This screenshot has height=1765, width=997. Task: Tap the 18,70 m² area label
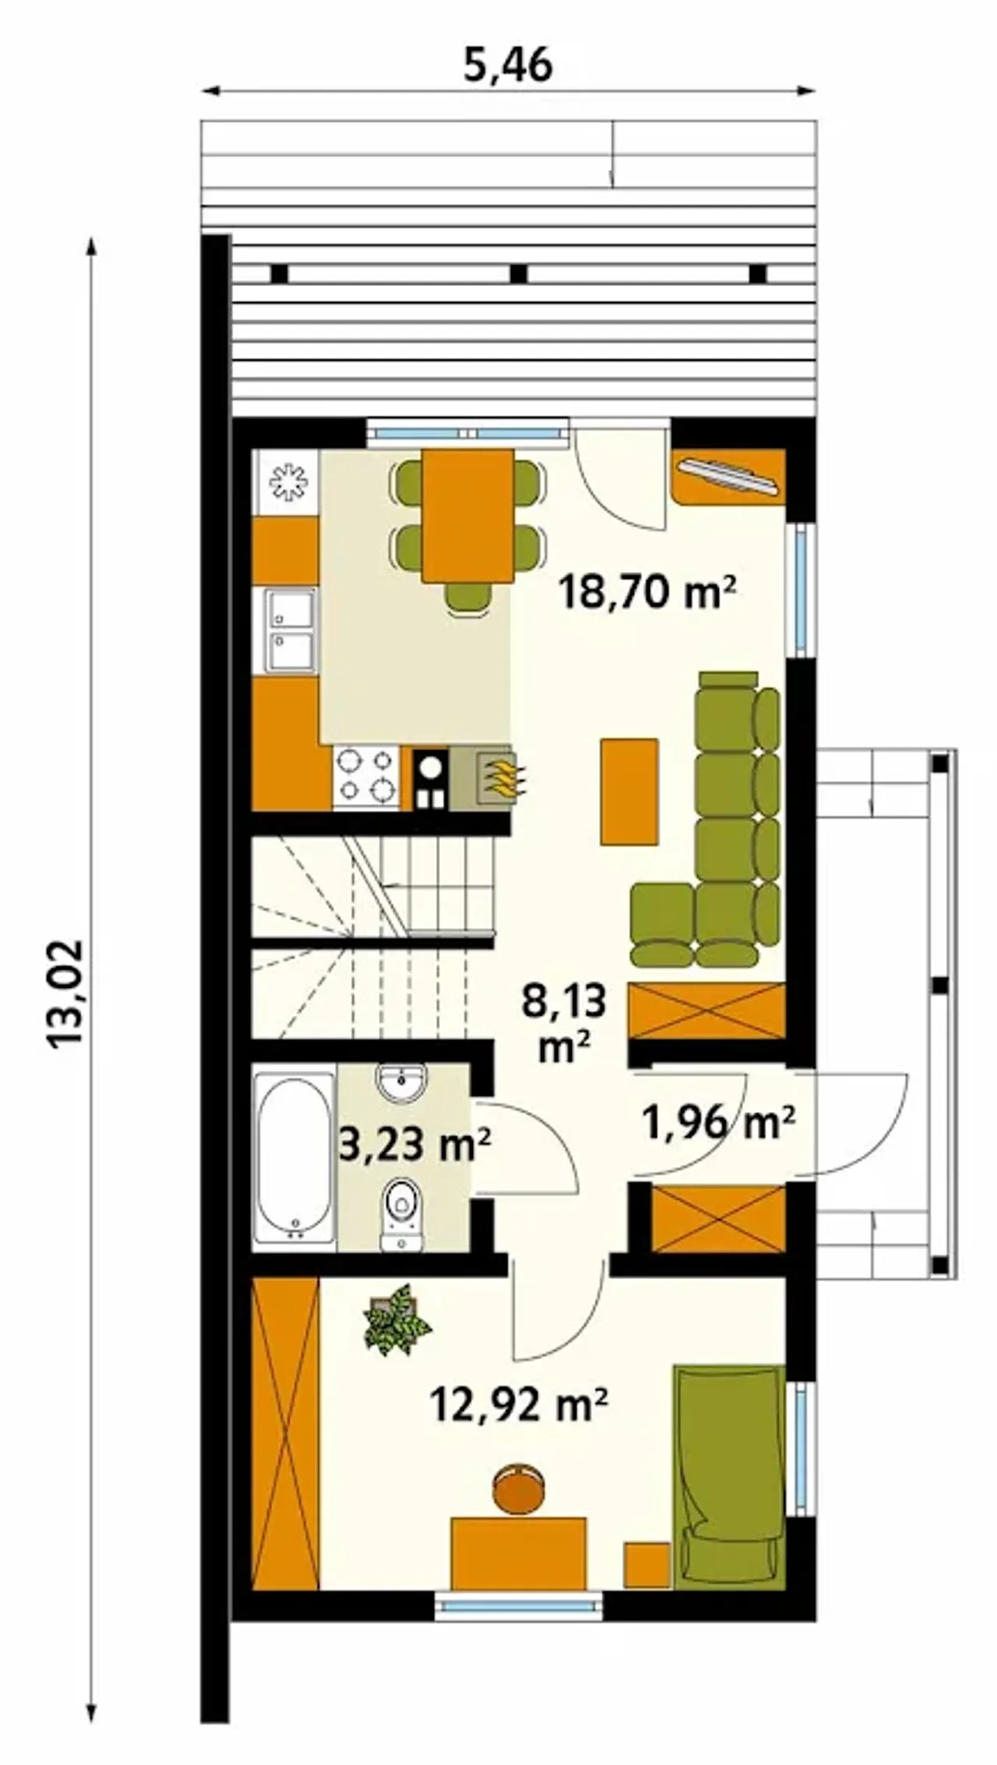[647, 593]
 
